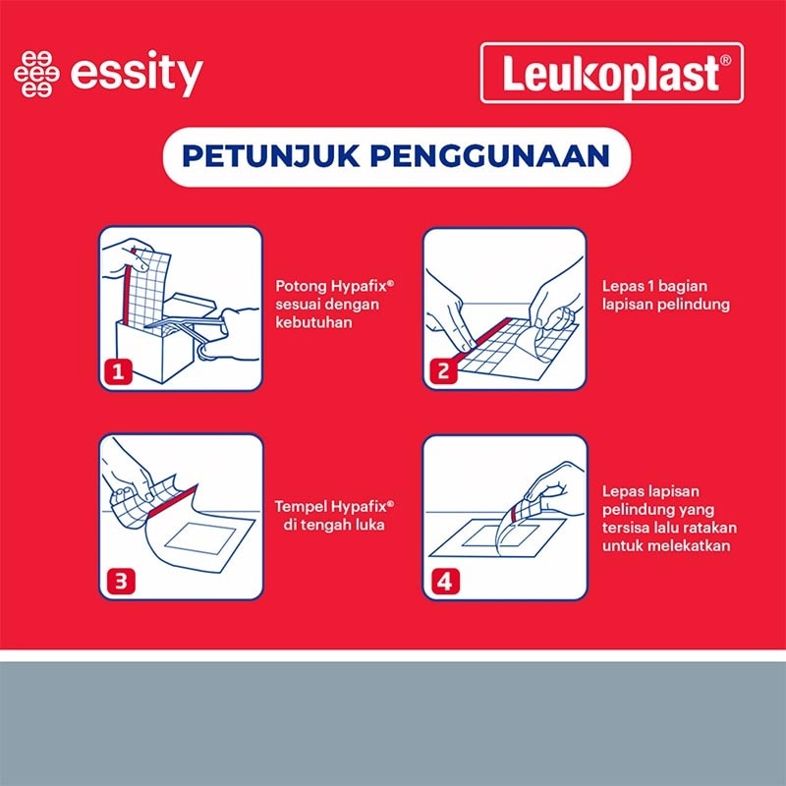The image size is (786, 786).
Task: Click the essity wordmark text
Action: pyautogui.click(x=138, y=76)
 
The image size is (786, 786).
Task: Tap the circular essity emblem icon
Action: pyautogui.click(x=35, y=76)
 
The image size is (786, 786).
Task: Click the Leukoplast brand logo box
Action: pyautogui.click(x=611, y=74)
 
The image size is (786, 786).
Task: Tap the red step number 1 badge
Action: pyautogui.click(x=117, y=371)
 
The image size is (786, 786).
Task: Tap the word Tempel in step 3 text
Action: pyautogui.click(x=298, y=506)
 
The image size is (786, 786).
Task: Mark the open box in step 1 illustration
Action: pyautogui.click(x=157, y=334)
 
